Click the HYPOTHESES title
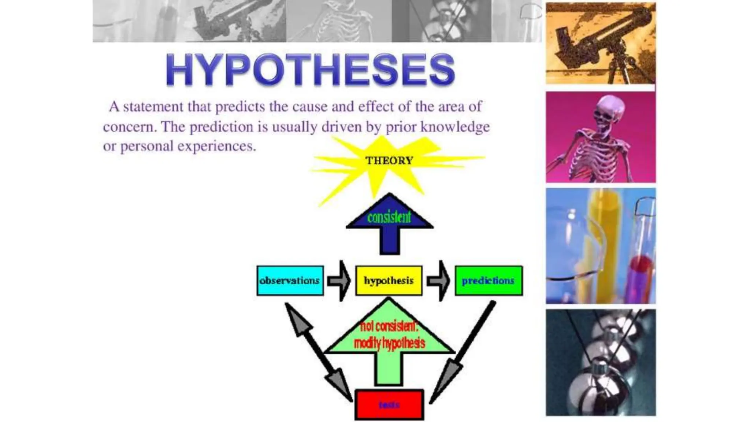(310, 70)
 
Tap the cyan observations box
(290, 281)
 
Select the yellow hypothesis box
(389, 281)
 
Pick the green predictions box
(489, 281)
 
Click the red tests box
(389, 405)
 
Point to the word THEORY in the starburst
(389, 160)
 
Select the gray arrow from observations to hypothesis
(339, 281)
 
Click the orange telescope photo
(601, 43)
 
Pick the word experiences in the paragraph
(216, 147)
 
